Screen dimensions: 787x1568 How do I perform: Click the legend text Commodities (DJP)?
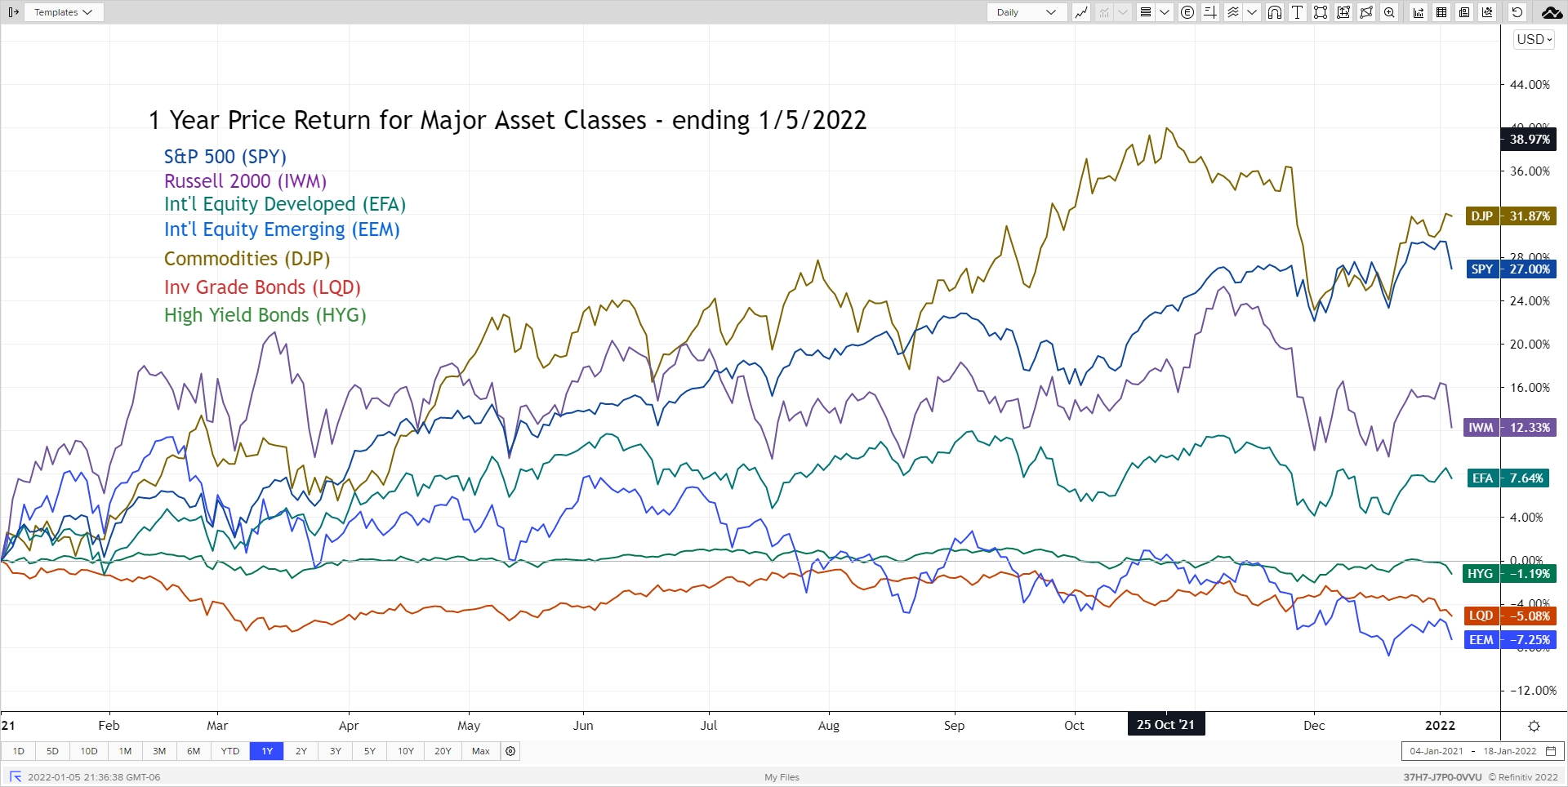point(247,259)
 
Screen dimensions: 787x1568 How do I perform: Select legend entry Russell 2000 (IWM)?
point(245,181)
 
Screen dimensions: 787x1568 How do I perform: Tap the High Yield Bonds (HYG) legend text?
point(265,315)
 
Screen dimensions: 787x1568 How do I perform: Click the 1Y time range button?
point(267,751)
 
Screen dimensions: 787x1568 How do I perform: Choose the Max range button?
point(481,751)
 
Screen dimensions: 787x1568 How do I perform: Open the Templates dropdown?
point(63,12)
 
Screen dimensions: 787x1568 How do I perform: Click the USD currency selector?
point(1534,39)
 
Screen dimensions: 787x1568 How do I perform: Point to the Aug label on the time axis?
point(828,726)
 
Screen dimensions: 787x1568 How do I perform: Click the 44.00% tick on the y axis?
point(1530,85)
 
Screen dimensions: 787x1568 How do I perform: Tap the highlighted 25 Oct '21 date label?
point(1165,725)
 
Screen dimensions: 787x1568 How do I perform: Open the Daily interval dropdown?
point(1027,12)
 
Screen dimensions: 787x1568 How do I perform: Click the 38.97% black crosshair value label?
point(1529,140)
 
